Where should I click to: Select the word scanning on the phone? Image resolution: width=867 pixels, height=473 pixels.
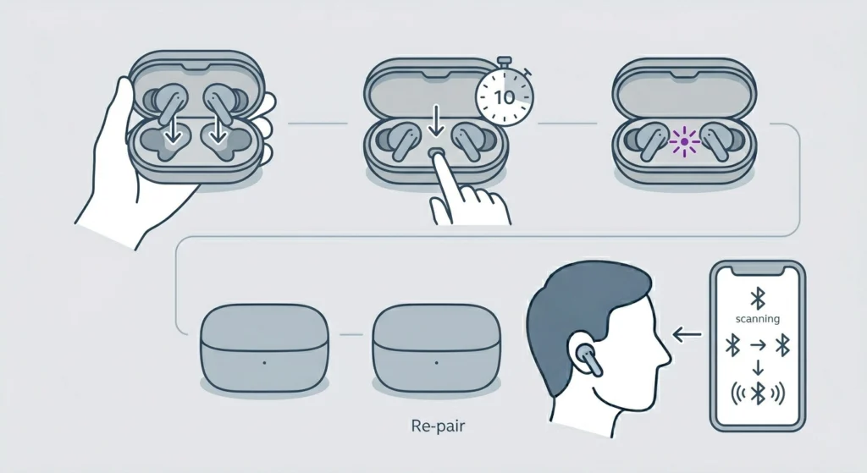[x=758, y=319]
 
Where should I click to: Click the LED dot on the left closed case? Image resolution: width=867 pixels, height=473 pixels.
[x=265, y=361]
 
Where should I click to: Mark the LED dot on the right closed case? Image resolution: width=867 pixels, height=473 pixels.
[x=439, y=361]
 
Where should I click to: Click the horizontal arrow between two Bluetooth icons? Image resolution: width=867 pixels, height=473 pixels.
[x=758, y=344]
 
